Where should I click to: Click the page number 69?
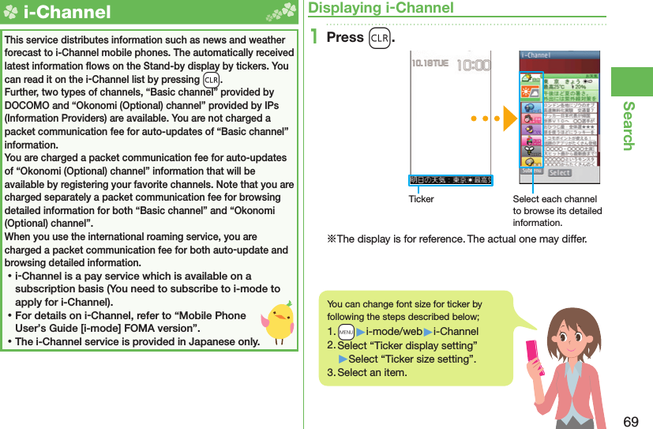631,421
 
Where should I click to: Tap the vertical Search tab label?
629,126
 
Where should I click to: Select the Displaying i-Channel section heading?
381,8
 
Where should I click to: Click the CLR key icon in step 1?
379,38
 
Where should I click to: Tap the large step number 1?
314,37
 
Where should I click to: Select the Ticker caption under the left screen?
421,199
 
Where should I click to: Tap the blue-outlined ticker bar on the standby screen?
450,180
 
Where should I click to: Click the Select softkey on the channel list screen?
559,172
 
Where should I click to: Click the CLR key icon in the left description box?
211,80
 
